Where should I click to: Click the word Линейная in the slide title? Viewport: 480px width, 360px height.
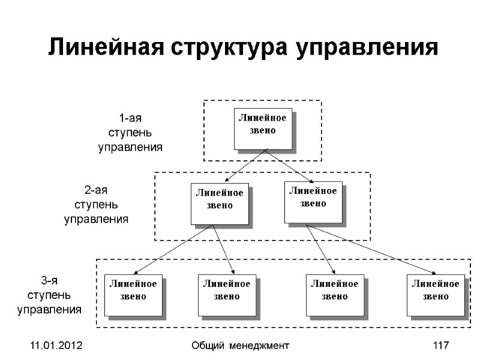(x=106, y=47)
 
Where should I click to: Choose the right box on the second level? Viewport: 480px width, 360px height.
(x=313, y=201)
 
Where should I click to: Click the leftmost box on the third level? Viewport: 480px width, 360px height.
(x=133, y=295)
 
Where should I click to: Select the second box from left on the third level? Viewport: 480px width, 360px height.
(x=227, y=295)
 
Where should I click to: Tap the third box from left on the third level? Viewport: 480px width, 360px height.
(x=334, y=295)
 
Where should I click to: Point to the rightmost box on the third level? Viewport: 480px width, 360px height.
(x=435, y=295)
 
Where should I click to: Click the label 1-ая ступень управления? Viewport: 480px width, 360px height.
(x=130, y=132)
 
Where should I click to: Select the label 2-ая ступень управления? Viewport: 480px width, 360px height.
(x=96, y=205)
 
